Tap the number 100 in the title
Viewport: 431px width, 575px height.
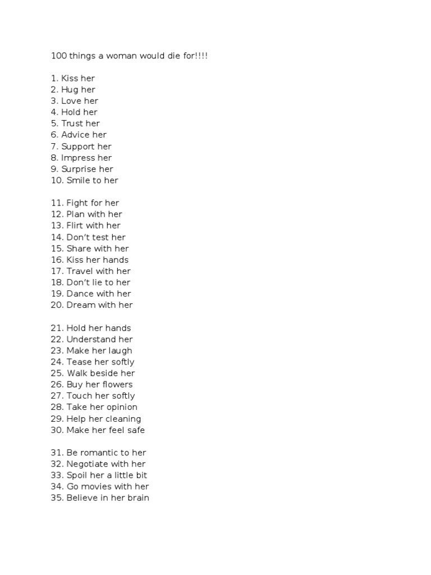[58, 56]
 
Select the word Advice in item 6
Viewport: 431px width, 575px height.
[76, 135]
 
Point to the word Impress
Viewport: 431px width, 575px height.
[78, 158]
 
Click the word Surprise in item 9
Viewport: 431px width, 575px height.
[79, 169]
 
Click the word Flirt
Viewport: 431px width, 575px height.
[75, 226]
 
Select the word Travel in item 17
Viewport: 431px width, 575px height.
[80, 271]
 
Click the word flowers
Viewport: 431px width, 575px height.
[117, 385]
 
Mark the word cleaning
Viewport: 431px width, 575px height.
[123, 419]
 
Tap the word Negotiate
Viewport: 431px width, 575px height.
[88, 464]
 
